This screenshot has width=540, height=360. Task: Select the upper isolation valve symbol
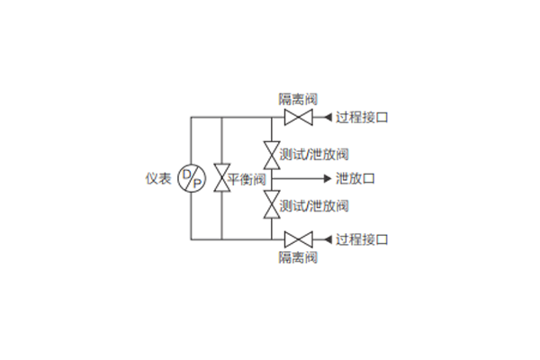[297, 118]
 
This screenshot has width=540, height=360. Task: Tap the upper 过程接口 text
[362, 118]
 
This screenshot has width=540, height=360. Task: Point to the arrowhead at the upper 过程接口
[328, 118]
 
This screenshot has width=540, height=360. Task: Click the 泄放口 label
[355, 178]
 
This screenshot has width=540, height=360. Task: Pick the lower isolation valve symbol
[297, 239]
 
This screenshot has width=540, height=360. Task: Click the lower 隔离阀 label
[298, 258]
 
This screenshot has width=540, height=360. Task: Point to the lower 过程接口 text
[362, 239]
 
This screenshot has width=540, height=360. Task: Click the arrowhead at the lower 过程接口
[328, 239]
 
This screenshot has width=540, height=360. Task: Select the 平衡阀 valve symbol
[221, 178]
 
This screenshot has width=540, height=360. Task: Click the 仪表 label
[158, 178]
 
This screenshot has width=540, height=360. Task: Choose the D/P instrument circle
[191, 178]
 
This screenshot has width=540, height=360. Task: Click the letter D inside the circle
[186, 174]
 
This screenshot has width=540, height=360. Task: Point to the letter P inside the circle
[196, 184]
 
